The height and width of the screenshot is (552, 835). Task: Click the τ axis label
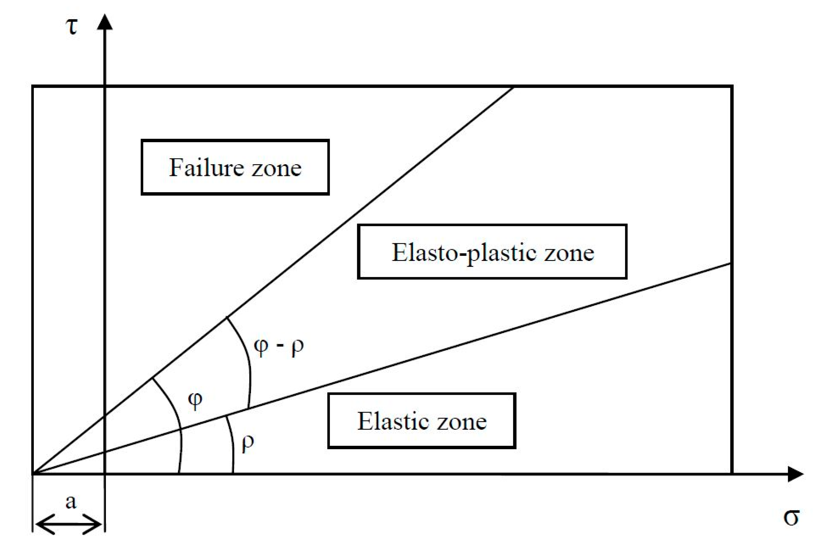click(71, 27)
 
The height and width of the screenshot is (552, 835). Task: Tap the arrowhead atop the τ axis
click(105, 22)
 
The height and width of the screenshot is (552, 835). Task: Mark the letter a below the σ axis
click(71, 502)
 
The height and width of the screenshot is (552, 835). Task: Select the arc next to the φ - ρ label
click(246, 363)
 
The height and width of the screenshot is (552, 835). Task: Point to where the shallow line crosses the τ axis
click(105, 452)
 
